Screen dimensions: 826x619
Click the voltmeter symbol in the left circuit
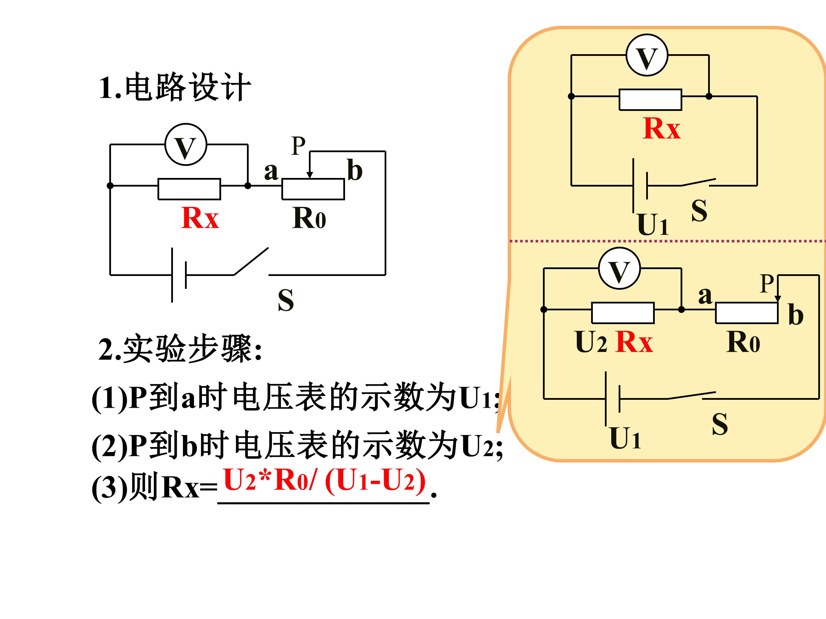(x=186, y=144)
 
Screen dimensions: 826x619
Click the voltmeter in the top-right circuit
(x=647, y=55)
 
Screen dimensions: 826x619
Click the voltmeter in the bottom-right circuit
(x=619, y=268)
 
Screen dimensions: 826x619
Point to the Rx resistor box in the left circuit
(x=189, y=189)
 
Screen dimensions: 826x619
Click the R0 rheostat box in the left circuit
(x=313, y=189)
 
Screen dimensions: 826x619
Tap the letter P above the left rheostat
(x=298, y=146)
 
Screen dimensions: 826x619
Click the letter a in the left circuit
(x=271, y=172)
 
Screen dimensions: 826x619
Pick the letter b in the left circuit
(x=355, y=170)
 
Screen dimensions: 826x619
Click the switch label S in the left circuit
(x=286, y=300)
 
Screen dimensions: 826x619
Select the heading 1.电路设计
(x=174, y=87)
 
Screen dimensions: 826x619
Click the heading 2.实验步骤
(x=180, y=348)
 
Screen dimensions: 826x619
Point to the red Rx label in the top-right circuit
(x=662, y=128)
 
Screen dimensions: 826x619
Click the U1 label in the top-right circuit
(x=653, y=225)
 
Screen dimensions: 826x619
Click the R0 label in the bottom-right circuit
(x=743, y=342)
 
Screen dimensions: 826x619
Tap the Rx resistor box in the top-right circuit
(x=650, y=100)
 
